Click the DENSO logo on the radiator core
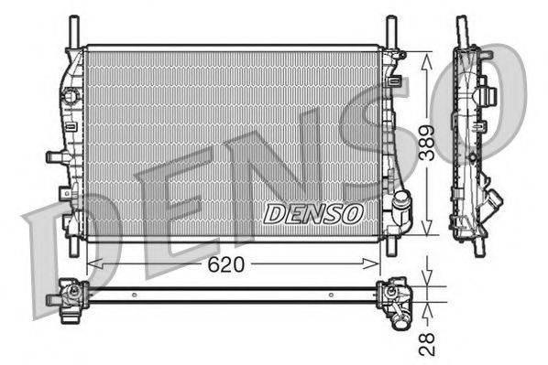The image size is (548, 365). click(312, 213)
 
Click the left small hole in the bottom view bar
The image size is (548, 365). click(135, 295)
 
